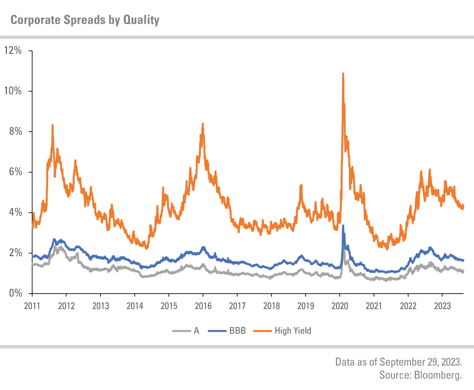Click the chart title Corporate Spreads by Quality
85,20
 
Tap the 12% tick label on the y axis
13,50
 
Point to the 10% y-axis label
13,91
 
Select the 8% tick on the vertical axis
16,132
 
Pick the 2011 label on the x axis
32,306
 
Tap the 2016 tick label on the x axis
203,306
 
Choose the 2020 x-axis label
339,306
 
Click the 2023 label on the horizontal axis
442,306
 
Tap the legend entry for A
196,331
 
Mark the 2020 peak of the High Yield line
343,73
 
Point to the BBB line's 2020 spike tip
343,226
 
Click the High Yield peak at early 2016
203,124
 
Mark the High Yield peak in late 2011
53,125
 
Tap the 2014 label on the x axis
134,306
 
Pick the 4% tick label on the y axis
16,213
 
